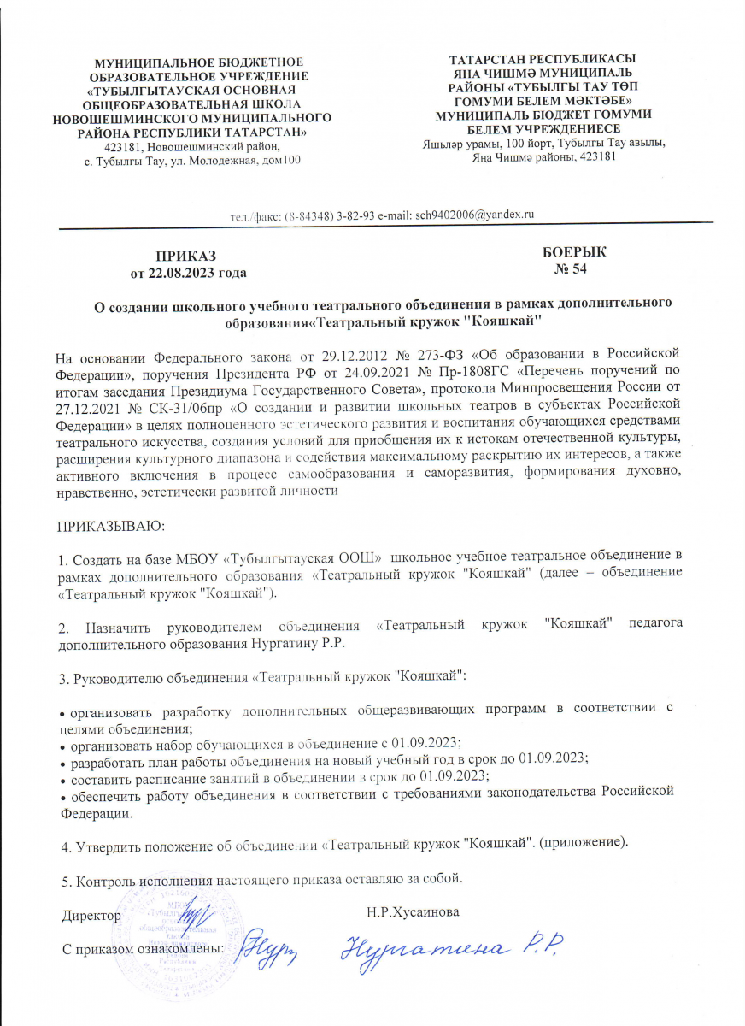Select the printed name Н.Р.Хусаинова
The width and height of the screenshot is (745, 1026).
[412, 912]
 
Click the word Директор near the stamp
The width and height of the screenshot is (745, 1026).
[91, 915]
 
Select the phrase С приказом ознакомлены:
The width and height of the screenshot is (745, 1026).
[144, 948]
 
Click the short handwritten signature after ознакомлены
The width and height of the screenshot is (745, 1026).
[259, 946]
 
